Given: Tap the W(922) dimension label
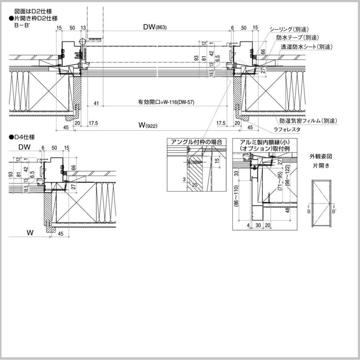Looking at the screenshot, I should pyautogui.click(x=148, y=126).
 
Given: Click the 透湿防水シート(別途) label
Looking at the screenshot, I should pyautogui.click(x=307, y=47).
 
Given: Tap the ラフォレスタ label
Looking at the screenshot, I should pyautogui.click(x=287, y=130).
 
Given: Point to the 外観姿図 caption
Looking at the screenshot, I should pyautogui.click(x=321, y=156).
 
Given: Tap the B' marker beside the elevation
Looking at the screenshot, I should pyautogui.click(x=334, y=211).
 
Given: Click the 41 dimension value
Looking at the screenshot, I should pyautogui.click(x=96, y=103).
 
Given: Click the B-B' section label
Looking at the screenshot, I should pyautogui.click(x=22, y=24).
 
